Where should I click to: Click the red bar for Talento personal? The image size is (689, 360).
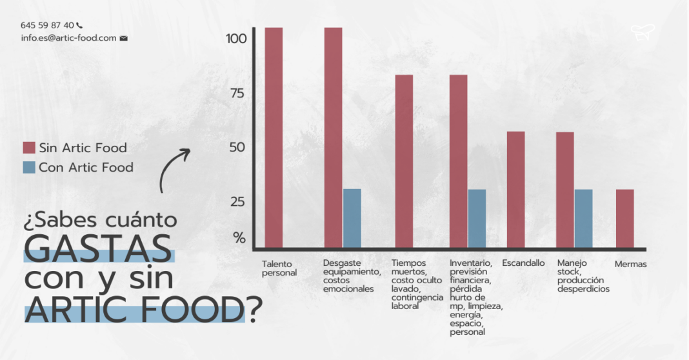pyautogui.click(x=274, y=137)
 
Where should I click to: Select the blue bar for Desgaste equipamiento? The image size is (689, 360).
pyautogui.click(x=352, y=218)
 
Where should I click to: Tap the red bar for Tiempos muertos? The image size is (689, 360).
pyautogui.click(x=404, y=161)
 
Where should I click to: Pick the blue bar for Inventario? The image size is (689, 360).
pyautogui.click(x=477, y=218)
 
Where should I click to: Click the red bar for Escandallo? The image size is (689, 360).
pyautogui.click(x=515, y=189)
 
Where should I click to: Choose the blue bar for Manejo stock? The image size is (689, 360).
pyautogui.click(x=583, y=218)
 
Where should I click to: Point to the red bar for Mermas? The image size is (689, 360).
pyautogui.click(x=624, y=218)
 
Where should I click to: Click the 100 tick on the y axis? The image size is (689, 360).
pyautogui.click(x=236, y=39)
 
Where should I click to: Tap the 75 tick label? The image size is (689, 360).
pyautogui.click(x=236, y=93)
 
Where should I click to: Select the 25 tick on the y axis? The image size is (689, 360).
pyautogui.click(x=236, y=201)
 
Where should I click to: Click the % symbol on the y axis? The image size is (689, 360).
pyautogui.click(x=239, y=237)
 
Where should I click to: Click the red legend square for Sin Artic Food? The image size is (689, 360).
pyautogui.click(x=28, y=148)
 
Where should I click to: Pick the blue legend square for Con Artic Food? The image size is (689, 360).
pyautogui.click(x=28, y=167)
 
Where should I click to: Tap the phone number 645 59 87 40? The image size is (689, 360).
pyautogui.click(x=47, y=25)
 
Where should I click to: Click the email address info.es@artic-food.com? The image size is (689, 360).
pyautogui.click(x=68, y=38)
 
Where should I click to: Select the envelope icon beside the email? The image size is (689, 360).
pyautogui.click(x=124, y=38)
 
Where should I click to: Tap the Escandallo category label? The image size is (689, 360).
pyautogui.click(x=523, y=263)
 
